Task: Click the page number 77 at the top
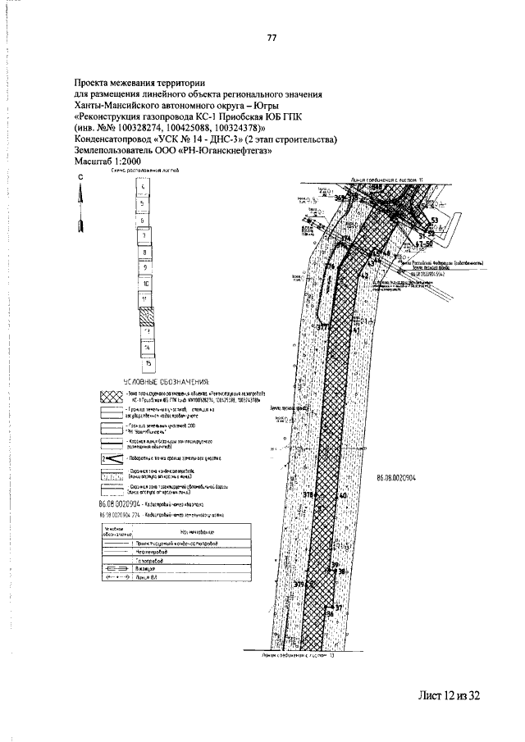[x=272, y=38]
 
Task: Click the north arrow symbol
[x=80, y=204]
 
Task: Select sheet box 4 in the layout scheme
[x=144, y=189]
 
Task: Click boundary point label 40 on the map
[x=343, y=497]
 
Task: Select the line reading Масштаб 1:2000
[x=107, y=162]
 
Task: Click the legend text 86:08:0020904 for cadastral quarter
[x=121, y=502]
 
